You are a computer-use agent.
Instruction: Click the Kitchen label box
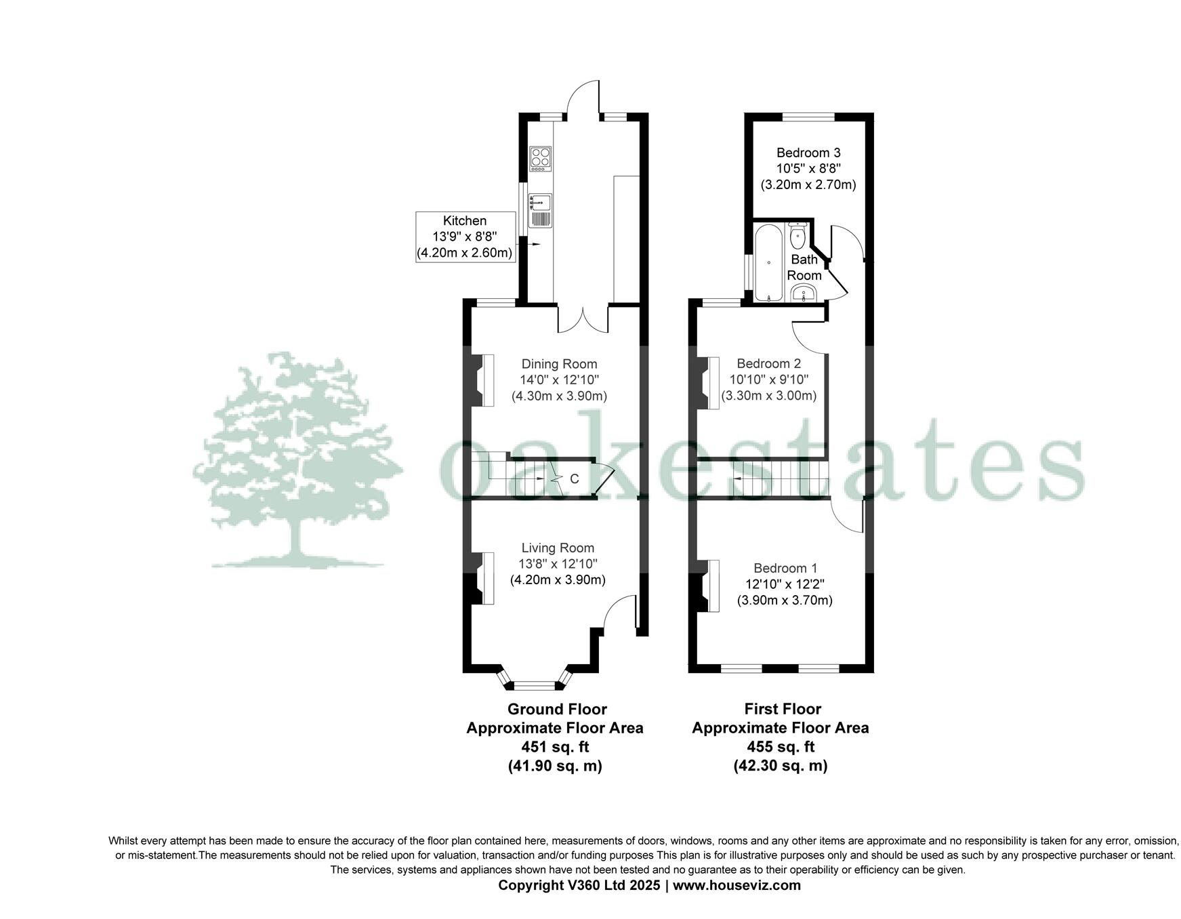pyautogui.click(x=465, y=237)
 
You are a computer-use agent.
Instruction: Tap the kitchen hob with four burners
pyautogui.click(x=540, y=157)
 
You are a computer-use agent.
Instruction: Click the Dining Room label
pyautogui.click(x=559, y=364)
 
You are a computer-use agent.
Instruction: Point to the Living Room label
pyautogui.click(x=558, y=548)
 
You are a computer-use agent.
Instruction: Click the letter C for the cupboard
pyautogui.click(x=574, y=479)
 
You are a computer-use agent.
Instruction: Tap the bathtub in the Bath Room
pyautogui.click(x=768, y=263)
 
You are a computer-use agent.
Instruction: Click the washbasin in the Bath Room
pyautogui.click(x=804, y=293)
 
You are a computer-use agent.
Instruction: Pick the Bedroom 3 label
pyautogui.click(x=808, y=152)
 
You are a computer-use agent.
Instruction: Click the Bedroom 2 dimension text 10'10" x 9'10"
pyautogui.click(x=768, y=380)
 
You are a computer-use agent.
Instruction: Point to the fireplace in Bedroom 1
pyautogui.click(x=709, y=586)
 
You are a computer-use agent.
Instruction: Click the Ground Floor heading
pyautogui.click(x=557, y=709)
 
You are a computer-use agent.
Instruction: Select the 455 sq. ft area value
pyautogui.click(x=781, y=747)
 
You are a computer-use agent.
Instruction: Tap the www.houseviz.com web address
pyautogui.click(x=737, y=885)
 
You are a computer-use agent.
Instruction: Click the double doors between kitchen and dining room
pyautogui.click(x=583, y=317)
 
